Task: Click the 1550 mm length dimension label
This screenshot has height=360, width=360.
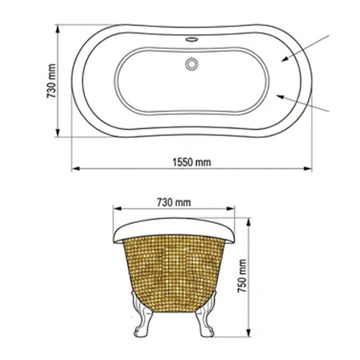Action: (x=192, y=162)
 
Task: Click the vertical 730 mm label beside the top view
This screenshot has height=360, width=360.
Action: (x=52, y=81)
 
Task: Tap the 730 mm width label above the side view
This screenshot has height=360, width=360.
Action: (x=174, y=202)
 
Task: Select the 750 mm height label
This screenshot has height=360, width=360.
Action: (x=242, y=276)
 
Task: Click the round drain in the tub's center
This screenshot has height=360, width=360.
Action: (x=192, y=64)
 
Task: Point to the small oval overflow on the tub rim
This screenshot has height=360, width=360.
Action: (x=192, y=39)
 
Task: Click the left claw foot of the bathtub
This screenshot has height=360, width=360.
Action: (x=142, y=315)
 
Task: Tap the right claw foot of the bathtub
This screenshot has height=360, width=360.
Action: (x=206, y=315)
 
